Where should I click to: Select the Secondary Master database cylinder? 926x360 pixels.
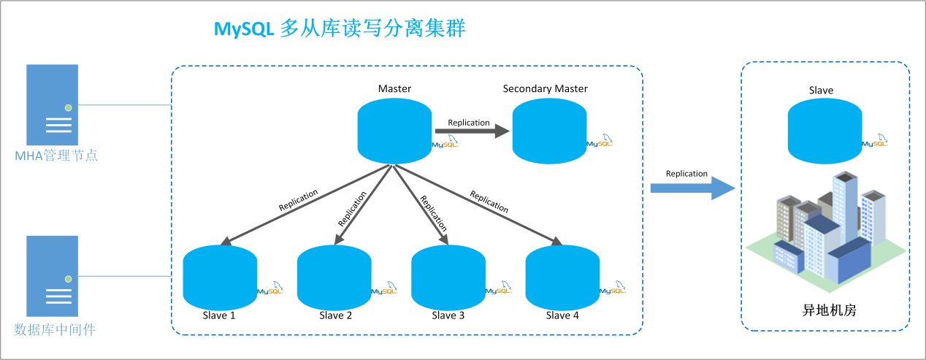(x=549, y=131)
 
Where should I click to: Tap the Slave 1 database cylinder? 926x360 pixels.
(x=220, y=279)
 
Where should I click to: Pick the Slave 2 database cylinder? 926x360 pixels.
(x=334, y=279)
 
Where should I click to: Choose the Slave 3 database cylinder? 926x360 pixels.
(x=448, y=279)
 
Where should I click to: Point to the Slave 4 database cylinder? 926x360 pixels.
(x=562, y=279)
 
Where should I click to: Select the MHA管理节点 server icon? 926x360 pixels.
(x=53, y=104)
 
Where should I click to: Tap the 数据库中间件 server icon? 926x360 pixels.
(x=53, y=275)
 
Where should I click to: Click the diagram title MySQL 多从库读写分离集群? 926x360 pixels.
(x=339, y=28)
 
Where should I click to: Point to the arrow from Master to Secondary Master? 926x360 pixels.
(x=471, y=131)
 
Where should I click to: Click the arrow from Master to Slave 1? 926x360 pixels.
(x=307, y=204)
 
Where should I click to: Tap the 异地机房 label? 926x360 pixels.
(x=824, y=310)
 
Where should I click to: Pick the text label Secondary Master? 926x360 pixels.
(x=545, y=89)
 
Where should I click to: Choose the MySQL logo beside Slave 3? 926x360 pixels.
(x=499, y=289)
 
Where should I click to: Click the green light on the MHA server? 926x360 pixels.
(x=68, y=108)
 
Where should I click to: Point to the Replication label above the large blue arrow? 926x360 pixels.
(x=686, y=174)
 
